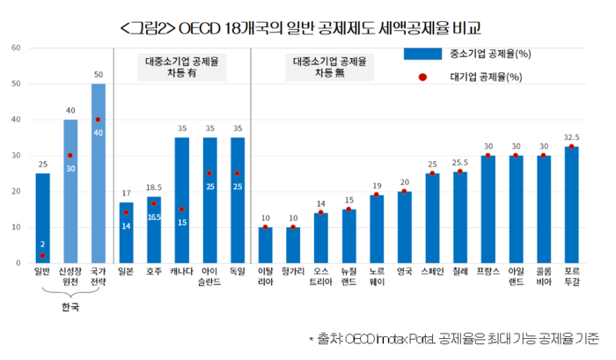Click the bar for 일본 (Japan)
pyautogui.click(x=126, y=232)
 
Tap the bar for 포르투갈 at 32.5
pyautogui.click(x=571, y=204)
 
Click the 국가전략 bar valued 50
pyautogui.click(x=98, y=173)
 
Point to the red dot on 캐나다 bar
pyautogui.click(x=182, y=209)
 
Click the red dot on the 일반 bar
pyautogui.click(x=42, y=256)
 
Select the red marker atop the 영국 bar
pyautogui.click(x=405, y=191)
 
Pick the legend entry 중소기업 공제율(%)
pyautogui.click(x=477, y=54)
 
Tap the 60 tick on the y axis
pyautogui.click(x=16, y=48)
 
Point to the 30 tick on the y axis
pyautogui.click(x=16, y=155)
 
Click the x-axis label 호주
pyautogui.click(x=154, y=272)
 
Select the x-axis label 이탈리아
pyautogui.click(x=265, y=277)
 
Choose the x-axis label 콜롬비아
pyautogui.click(x=544, y=277)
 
